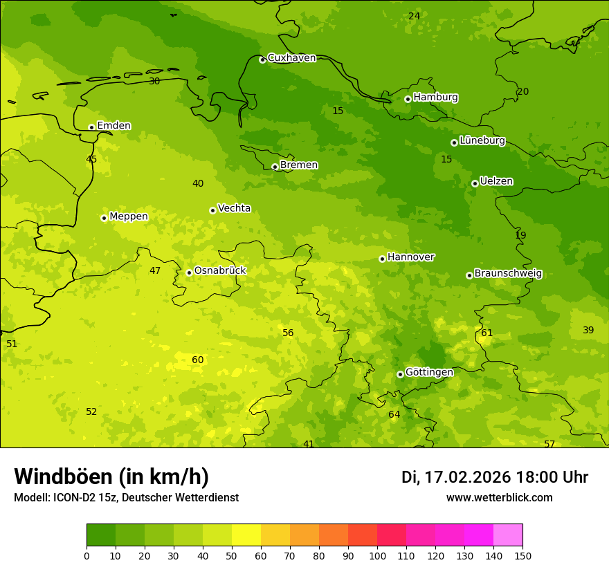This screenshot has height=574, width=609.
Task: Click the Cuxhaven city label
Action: tap(291, 58)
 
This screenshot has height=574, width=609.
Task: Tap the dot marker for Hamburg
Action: tap(408, 99)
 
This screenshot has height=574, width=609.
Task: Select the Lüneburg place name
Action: tap(482, 140)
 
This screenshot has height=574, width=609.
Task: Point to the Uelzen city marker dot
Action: tap(475, 183)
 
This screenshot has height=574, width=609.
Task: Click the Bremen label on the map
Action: tap(299, 165)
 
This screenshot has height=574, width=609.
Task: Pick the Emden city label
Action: tap(113, 126)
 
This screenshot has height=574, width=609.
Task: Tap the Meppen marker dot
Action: tap(104, 218)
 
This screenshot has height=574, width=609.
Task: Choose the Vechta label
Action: tap(234, 208)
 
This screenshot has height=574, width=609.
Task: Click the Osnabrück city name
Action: tap(220, 271)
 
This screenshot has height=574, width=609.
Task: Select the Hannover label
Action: tap(410, 257)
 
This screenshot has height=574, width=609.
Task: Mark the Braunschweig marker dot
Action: tap(469, 275)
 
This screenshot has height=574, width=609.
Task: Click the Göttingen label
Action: tap(429, 372)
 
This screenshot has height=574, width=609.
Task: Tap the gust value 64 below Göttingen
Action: tap(394, 415)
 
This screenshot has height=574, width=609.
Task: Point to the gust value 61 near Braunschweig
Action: tap(487, 333)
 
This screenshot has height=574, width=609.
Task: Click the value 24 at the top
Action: tap(414, 16)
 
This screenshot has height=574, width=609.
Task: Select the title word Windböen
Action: tap(62, 476)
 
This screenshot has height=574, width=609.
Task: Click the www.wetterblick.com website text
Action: tap(499, 498)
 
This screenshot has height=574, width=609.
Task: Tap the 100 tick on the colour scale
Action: tap(377, 555)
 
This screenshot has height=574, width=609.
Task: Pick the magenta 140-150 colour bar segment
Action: tap(508, 535)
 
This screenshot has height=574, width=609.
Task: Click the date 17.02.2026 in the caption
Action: tap(467, 477)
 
